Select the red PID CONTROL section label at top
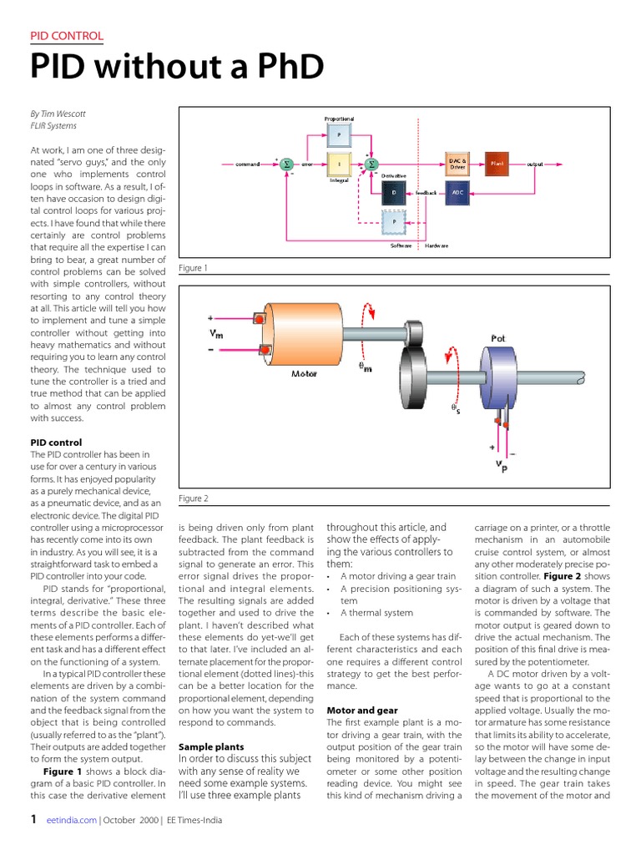coord(67,36)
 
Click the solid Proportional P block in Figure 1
coord(339,134)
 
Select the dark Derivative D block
coord(395,193)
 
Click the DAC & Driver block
coord(457,164)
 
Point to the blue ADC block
coord(457,193)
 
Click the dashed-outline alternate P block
coord(395,221)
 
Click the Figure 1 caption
coord(193,268)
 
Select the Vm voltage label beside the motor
coord(218,333)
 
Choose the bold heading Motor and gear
coord(361,711)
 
